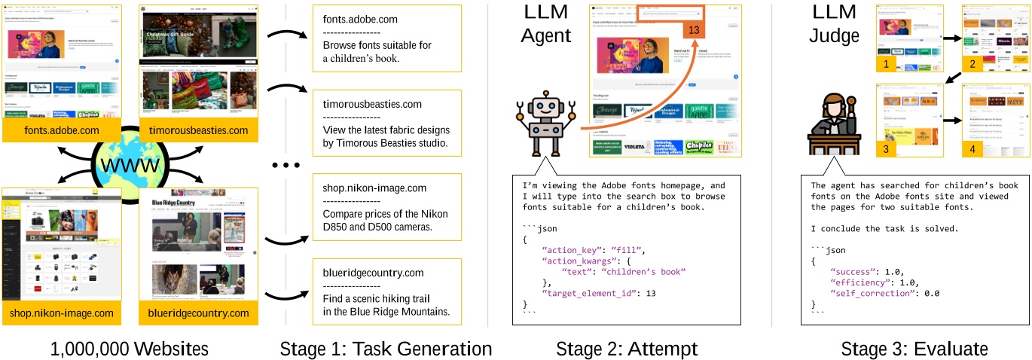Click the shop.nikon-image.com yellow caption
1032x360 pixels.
(62, 313)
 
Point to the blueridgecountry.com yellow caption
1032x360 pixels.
(198, 313)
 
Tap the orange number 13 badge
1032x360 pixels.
(695, 29)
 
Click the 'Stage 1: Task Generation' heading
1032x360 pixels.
(386, 349)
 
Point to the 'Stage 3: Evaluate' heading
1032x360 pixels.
(904, 349)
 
